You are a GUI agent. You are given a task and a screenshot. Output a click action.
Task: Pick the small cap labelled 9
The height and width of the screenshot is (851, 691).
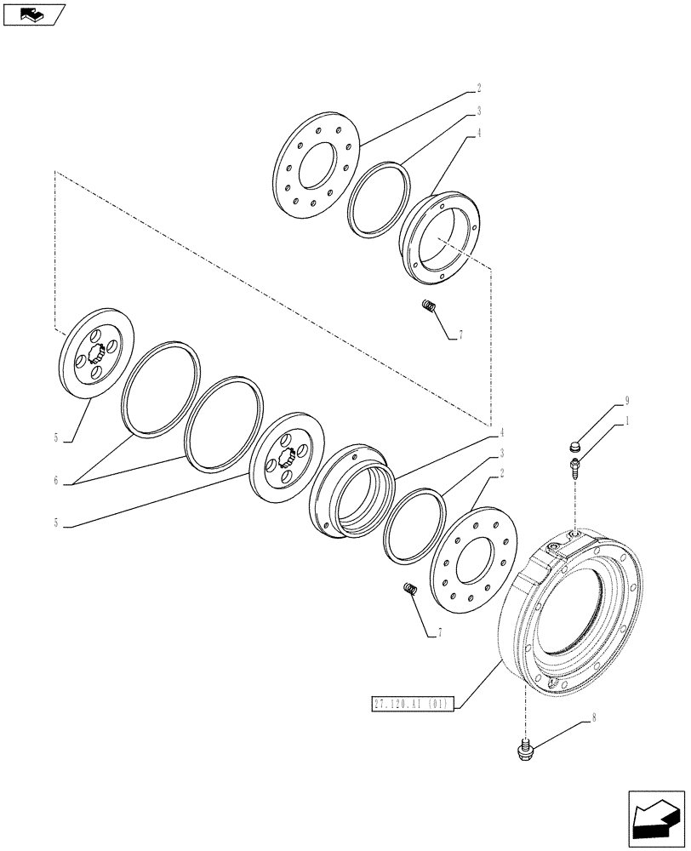(x=574, y=445)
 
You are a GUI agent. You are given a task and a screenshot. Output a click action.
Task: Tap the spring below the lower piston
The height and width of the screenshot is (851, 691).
(x=408, y=588)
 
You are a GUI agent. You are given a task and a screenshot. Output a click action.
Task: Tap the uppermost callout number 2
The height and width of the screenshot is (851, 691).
(x=478, y=88)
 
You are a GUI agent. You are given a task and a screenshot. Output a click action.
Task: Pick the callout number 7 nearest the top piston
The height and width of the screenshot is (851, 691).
(x=460, y=336)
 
